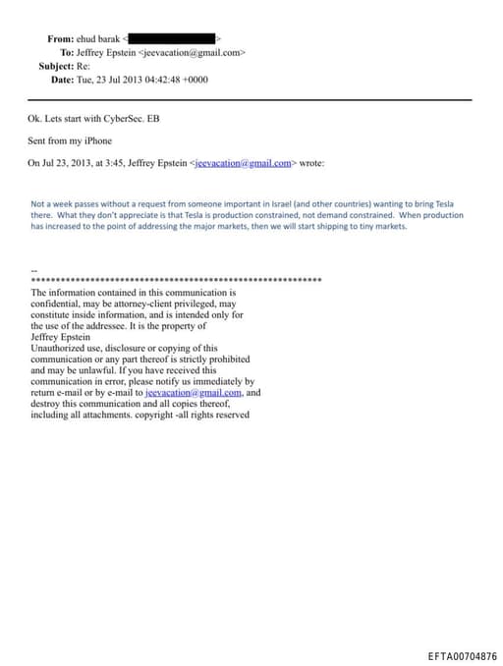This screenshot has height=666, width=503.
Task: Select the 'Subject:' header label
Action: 57,66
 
